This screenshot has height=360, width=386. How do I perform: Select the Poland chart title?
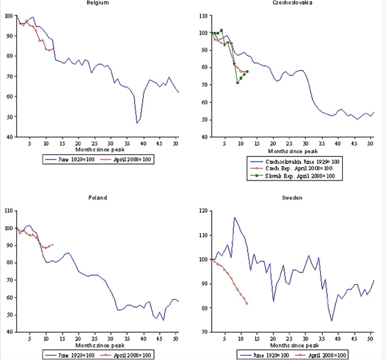tap(97, 198)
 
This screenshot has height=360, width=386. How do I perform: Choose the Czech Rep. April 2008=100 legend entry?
tap(300, 168)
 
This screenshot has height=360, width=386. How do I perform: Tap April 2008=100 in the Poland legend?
tap(131, 355)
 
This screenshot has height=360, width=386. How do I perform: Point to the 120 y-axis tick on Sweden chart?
tap(204, 211)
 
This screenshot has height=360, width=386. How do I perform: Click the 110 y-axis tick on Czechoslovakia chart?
tap(204, 16)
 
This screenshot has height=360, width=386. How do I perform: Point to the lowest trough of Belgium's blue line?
tap(137, 123)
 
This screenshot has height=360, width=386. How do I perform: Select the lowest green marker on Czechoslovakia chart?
tap(237, 82)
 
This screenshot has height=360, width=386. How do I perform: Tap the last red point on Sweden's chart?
tap(247, 304)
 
